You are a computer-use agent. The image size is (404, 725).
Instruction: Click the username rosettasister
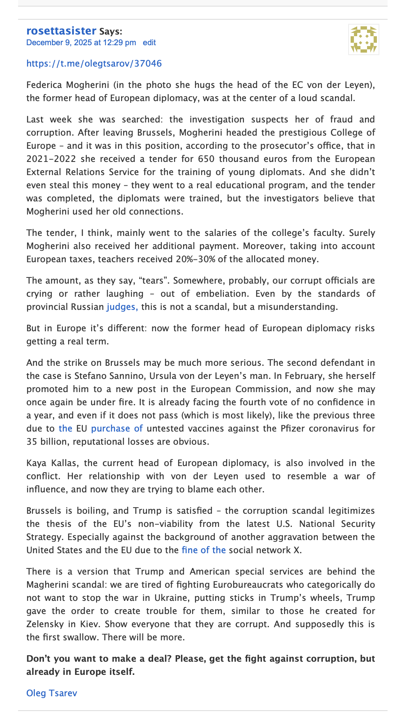(61, 31)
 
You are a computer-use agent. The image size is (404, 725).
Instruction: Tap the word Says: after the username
(110, 32)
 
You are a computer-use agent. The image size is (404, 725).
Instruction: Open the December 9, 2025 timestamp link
(81, 43)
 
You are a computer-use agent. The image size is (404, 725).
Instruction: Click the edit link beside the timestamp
(149, 43)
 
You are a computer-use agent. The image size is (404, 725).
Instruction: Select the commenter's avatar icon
(363, 39)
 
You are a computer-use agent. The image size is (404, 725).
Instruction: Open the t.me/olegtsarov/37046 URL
(94, 64)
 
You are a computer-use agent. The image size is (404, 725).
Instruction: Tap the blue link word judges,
(122, 307)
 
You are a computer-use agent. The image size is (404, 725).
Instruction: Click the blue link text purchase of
(117, 429)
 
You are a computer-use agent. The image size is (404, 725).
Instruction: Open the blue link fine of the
(204, 550)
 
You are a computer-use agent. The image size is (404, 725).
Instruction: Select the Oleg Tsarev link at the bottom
(52, 693)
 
